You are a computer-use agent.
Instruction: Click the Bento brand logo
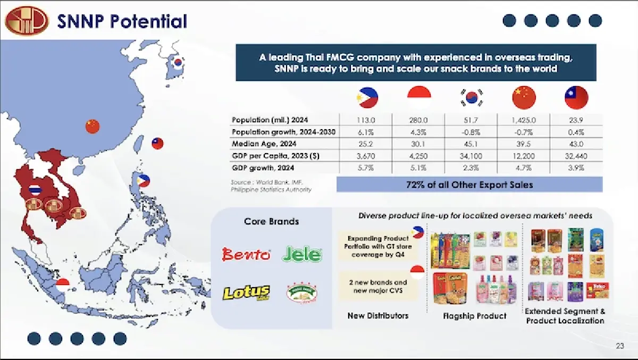pos(246,255)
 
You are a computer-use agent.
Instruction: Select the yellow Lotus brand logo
pos(246,292)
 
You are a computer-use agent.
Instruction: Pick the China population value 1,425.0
pos(524,120)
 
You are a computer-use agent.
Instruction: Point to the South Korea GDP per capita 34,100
pos(471,156)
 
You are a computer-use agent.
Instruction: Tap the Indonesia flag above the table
pos(419,97)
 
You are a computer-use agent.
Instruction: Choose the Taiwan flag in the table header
pos(576,97)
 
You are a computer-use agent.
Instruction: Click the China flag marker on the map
pos(93,126)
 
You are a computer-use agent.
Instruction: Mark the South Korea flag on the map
pos(179,62)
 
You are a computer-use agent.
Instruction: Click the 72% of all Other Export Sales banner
pos(469,185)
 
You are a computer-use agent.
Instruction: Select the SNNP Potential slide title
pos(122,21)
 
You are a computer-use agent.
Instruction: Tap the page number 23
pos(620,347)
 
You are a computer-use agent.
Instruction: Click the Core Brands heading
pos(271,221)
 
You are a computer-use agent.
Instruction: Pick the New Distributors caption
pos(378,316)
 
